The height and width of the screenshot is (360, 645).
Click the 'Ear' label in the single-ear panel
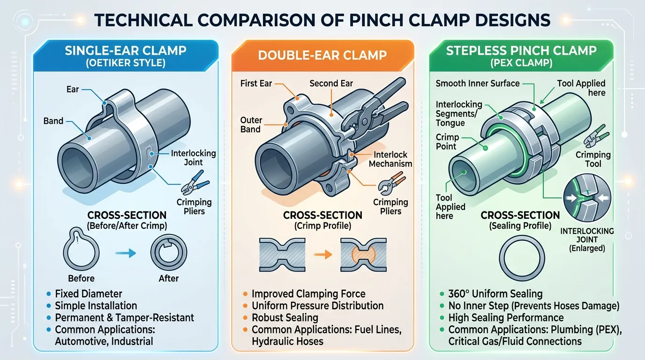[73, 89]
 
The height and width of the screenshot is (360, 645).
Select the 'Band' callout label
[53, 120]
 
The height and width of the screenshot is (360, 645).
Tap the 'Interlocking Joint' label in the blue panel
[194, 157]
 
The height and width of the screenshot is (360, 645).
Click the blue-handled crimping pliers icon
[195, 182]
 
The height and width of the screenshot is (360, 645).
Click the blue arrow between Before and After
[126, 253]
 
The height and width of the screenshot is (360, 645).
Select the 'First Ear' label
[256, 83]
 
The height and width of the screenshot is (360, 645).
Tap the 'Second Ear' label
[331, 83]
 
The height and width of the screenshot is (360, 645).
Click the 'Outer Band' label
[251, 125]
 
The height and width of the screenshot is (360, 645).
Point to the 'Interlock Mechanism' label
[390, 159]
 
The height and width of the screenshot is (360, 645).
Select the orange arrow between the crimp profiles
[323, 255]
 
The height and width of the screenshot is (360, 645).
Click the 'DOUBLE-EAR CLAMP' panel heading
[322, 55]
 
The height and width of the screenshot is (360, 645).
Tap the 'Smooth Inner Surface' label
[477, 83]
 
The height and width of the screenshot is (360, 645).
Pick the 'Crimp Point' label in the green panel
[447, 142]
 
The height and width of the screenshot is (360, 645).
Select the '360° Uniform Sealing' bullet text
[495, 294]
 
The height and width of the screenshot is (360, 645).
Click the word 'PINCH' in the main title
[376, 20]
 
